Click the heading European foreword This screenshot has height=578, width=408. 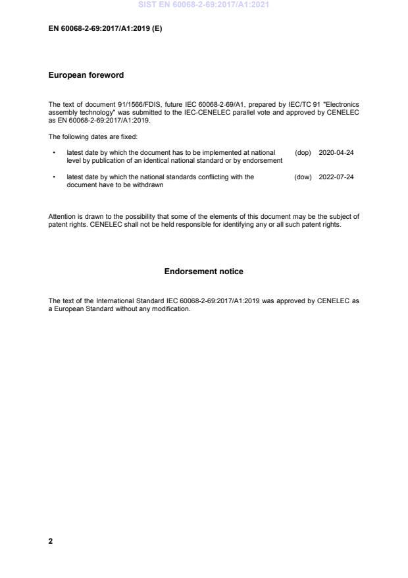tap(86, 75)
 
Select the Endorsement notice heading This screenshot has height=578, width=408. tap(203, 272)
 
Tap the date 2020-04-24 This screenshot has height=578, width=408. tap(336, 152)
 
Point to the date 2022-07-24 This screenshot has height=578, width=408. tap(336, 177)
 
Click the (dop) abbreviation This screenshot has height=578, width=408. tap(303, 152)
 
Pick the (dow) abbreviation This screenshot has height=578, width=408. tap(303, 177)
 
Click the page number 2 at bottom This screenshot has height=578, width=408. tap(51, 541)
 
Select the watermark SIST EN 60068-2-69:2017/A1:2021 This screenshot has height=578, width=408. tap(203, 5)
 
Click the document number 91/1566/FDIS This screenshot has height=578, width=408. tap(122, 104)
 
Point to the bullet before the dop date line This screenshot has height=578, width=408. tap(53, 152)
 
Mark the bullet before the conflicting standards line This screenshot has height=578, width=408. tap(53, 177)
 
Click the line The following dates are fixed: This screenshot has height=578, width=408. tap(89, 136)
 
